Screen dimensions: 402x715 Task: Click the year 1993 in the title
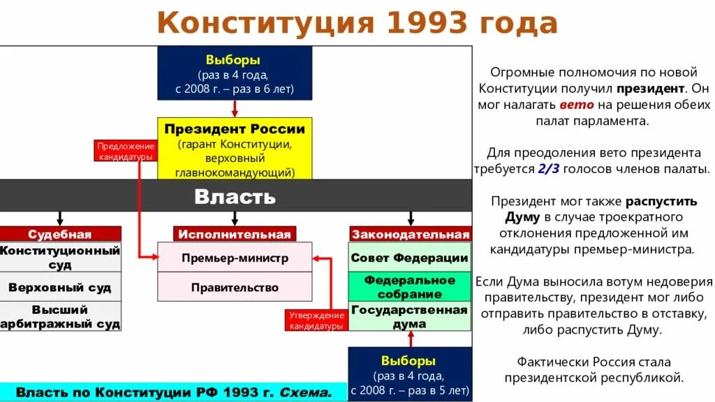pyautogui.click(x=421, y=23)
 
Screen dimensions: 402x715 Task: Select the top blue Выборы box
pyautogui.click(x=235, y=73)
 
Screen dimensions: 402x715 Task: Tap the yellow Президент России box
pyautogui.click(x=235, y=149)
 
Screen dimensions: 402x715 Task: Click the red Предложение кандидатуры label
pyautogui.click(x=125, y=151)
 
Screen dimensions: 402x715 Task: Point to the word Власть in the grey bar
pyautogui.click(x=235, y=196)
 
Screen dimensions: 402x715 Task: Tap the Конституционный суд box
pyautogui.click(x=60, y=258)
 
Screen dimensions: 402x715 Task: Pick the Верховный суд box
pyautogui.click(x=60, y=287)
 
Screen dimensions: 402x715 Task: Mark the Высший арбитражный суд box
pyautogui.click(x=60, y=316)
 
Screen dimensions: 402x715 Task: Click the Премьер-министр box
pyautogui.click(x=235, y=258)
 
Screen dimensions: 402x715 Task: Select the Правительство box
pyautogui.click(x=235, y=287)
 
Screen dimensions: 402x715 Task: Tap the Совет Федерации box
pyautogui.click(x=409, y=258)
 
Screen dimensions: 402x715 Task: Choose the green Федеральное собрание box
pyautogui.click(x=409, y=287)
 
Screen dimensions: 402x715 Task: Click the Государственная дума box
pyautogui.click(x=409, y=316)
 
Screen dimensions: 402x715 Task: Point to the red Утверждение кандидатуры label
pyautogui.click(x=316, y=320)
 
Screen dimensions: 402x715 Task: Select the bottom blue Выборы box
pyautogui.click(x=409, y=375)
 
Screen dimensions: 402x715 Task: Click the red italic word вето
pyautogui.click(x=576, y=105)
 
